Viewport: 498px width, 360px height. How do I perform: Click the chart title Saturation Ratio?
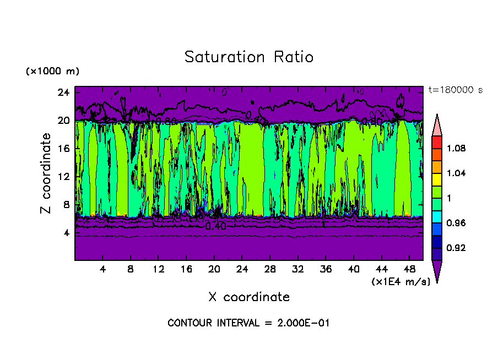[249, 57]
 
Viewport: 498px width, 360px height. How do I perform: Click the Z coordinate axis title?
[46, 173]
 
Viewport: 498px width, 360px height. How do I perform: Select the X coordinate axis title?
[249, 297]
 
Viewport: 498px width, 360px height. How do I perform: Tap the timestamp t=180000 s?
[455, 90]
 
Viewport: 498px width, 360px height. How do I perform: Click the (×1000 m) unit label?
[52, 72]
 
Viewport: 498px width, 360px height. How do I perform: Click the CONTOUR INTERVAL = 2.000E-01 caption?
[248, 323]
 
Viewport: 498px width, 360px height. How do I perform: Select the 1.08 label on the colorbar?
[456, 149]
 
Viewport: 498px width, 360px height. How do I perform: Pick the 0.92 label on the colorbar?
[456, 248]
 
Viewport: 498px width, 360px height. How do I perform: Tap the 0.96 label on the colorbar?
[456, 223]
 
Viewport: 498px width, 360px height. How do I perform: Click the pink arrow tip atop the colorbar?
[436, 125]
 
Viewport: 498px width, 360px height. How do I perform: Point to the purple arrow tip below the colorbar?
[436, 271]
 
